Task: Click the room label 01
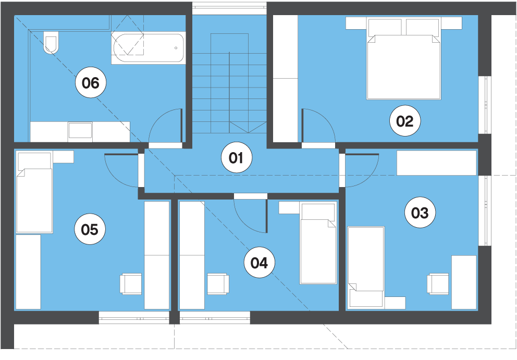tap(237, 157)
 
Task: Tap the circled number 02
tap(404, 121)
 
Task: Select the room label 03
tap(420, 213)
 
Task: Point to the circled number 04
tap(259, 263)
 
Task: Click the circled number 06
tap(91, 82)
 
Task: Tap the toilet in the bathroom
tap(51, 42)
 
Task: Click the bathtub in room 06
tap(147, 48)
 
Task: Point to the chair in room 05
tap(131, 283)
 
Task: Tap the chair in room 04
tap(218, 283)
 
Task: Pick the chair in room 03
tap(438, 283)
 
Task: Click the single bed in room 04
tap(318, 243)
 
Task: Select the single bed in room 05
tap(34, 192)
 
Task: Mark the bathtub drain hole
tap(176, 48)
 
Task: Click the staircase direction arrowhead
tap(248, 127)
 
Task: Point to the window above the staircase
tap(229, 8)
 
